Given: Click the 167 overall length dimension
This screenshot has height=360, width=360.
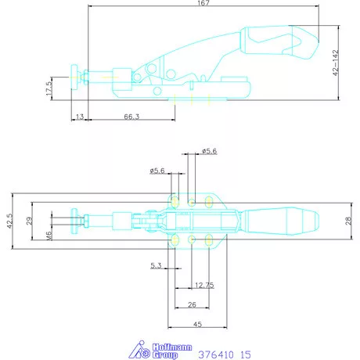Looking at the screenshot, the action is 203,3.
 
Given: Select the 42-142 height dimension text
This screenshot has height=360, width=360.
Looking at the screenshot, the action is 336,63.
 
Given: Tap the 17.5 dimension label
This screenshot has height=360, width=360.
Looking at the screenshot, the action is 49,88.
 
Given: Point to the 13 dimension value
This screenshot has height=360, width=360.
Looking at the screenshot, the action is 80,117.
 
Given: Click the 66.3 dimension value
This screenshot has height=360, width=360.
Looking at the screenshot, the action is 131,117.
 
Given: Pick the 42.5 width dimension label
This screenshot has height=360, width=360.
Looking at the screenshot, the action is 9,221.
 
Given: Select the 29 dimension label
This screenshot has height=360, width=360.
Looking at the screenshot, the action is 29,221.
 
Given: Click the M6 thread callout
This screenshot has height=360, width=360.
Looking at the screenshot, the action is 49,236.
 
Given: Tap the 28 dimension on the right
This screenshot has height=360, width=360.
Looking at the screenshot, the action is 348,221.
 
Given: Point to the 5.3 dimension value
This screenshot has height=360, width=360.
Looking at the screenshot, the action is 156,265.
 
